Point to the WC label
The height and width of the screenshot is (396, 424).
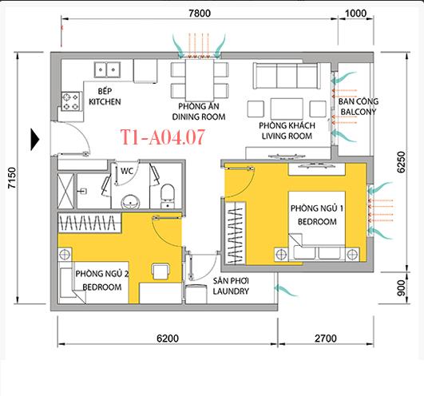(x=126, y=170)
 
